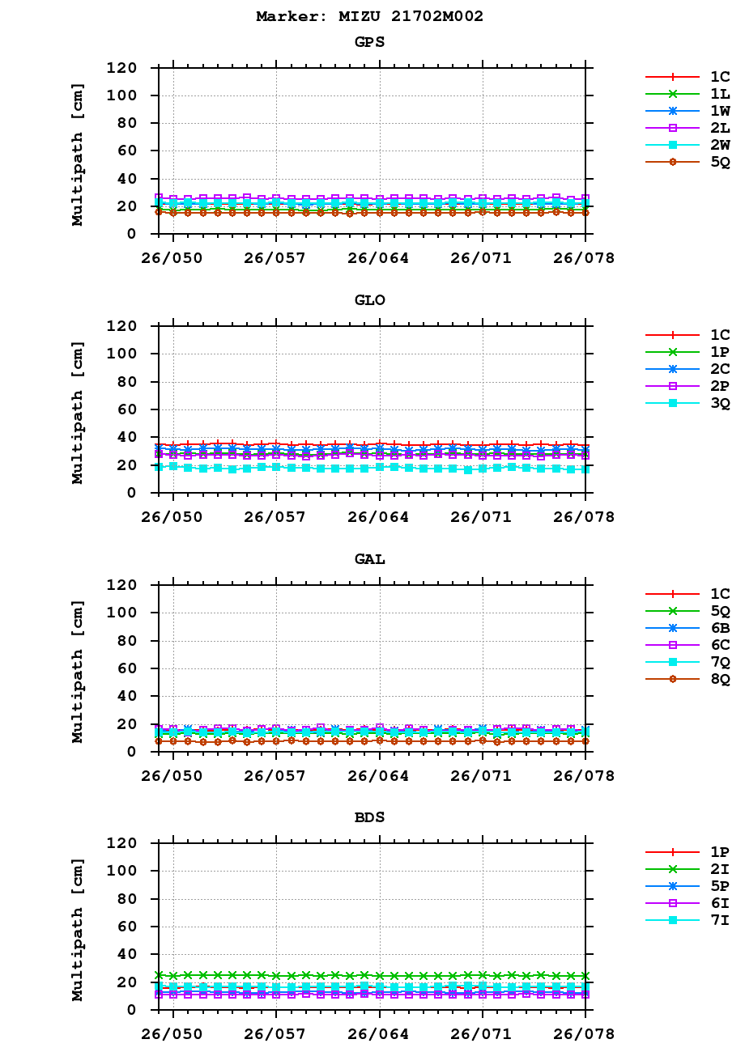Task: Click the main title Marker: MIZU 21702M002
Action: [x=370, y=16]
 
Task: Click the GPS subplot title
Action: [x=370, y=41]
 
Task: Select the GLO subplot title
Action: [x=370, y=300]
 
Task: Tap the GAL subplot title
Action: [x=370, y=559]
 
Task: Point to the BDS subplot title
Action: [x=370, y=817]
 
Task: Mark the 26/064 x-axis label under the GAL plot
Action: [x=380, y=776]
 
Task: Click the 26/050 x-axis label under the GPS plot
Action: [x=173, y=258]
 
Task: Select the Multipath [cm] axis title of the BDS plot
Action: [x=78, y=926]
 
